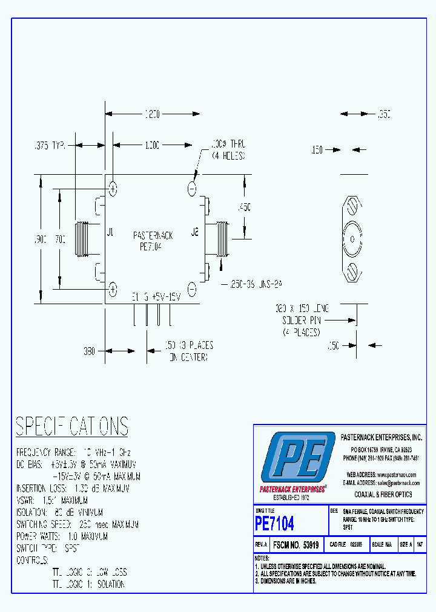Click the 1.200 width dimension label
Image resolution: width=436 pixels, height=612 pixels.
(x=151, y=114)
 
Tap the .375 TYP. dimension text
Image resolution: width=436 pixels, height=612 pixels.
(x=48, y=145)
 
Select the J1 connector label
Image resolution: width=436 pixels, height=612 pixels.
(x=110, y=232)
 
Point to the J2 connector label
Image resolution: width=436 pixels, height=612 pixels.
(x=195, y=232)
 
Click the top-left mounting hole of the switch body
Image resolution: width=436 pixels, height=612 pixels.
(x=113, y=189)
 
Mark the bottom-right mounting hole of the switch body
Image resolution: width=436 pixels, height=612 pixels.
(x=192, y=289)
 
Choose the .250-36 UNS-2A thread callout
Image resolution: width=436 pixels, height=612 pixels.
(x=256, y=283)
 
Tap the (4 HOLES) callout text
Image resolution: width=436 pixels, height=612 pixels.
(x=228, y=155)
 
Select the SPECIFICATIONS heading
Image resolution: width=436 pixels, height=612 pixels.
(x=71, y=426)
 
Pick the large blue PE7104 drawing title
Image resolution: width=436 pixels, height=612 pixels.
(x=274, y=522)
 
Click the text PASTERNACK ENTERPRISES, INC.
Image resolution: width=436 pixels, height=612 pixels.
(x=381, y=437)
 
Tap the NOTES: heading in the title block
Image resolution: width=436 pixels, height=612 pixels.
(x=262, y=558)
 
